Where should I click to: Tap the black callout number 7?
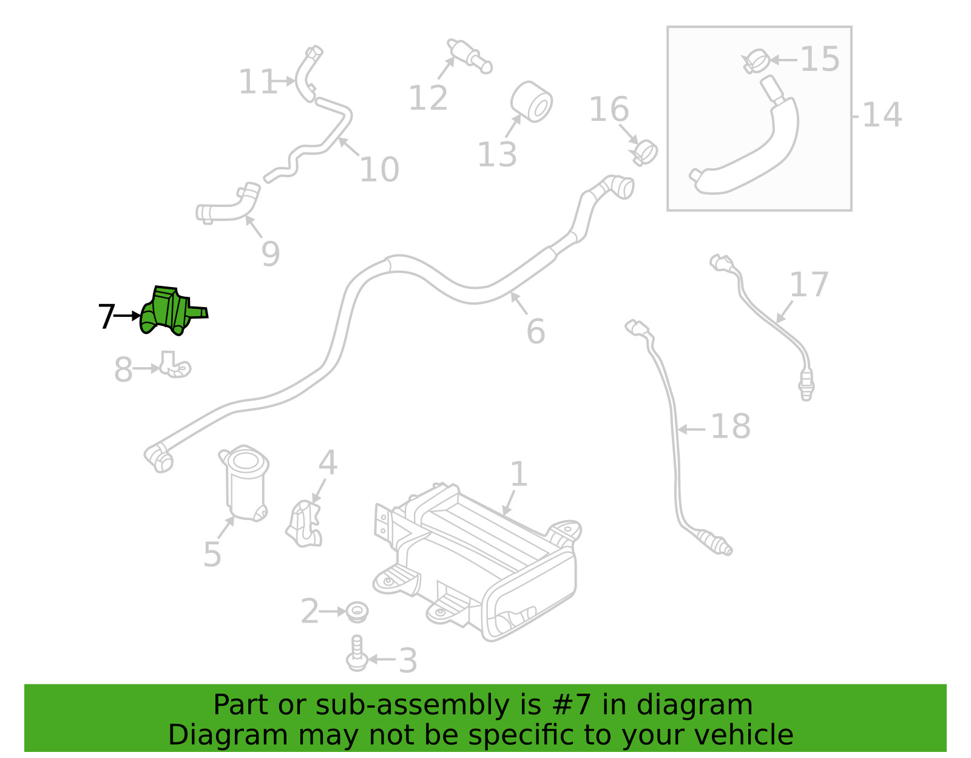[106, 316]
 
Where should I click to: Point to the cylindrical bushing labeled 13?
[532, 103]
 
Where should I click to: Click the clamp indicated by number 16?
[644, 151]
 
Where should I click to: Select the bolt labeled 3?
[357, 654]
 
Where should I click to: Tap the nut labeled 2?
[358, 611]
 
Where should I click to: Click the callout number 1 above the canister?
[518, 474]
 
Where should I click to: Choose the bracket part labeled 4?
[305, 524]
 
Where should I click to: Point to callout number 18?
[730, 427]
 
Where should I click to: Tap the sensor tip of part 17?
[806, 389]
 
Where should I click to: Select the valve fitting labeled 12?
[469, 56]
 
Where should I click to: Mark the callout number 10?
[379, 169]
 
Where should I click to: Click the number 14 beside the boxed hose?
[881, 115]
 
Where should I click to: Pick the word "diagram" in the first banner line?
[708, 705]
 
